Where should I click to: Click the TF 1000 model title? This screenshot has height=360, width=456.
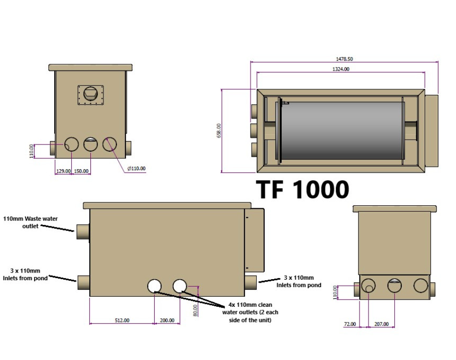coord(302,190)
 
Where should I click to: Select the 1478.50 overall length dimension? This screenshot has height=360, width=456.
coord(344,59)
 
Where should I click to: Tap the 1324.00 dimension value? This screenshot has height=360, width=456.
coord(341,69)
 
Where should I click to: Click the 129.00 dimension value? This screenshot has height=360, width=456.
coord(63,171)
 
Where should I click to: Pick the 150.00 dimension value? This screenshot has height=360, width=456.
coord(81,171)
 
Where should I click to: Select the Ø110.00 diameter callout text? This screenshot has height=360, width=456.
coord(136,169)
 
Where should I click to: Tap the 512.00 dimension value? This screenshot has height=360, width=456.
coord(122,320)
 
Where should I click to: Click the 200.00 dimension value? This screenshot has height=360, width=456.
coord(167,320)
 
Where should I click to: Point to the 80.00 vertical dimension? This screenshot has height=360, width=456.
coord(195,310)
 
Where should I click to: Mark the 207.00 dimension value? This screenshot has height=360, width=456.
coord(381,324)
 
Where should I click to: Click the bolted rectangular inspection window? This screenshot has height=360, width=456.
coord(90,95)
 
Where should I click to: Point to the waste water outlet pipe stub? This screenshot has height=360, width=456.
coord(82,232)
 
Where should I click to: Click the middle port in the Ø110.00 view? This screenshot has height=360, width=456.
coord(91,145)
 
